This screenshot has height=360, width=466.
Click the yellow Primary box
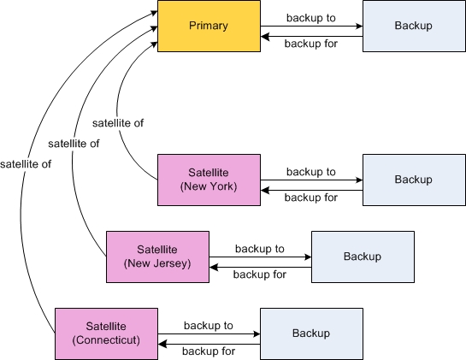tap(209, 27)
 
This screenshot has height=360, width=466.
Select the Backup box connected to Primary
tap(414, 27)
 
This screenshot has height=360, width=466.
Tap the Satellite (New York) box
tap(209, 180)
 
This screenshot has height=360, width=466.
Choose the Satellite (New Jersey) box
tap(157, 257)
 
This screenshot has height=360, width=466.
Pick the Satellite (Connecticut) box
tap(106, 333)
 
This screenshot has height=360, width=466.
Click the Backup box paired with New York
tap(414, 180)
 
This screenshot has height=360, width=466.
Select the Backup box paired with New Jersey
tap(363, 257)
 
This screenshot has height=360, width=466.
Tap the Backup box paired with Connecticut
tap(311, 333)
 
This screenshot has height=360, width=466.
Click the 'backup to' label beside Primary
tap(311, 18)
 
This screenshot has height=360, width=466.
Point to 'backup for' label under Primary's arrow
tap(311, 44)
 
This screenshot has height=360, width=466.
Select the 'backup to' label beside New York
tap(311, 172)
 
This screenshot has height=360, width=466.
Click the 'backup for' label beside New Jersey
tap(260, 274)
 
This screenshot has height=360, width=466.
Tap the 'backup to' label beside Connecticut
tap(209, 326)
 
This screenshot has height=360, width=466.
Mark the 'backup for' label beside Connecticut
tap(209, 351)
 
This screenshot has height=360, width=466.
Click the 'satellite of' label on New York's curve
tap(118, 123)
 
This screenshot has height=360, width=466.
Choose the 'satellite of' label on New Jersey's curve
tap(74, 144)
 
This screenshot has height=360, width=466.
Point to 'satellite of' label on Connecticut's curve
tap(26, 164)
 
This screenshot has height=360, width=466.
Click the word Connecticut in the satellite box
tap(106, 340)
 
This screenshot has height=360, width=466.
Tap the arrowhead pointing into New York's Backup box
tap(359, 180)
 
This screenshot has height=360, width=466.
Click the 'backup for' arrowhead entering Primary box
tap(265, 37)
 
